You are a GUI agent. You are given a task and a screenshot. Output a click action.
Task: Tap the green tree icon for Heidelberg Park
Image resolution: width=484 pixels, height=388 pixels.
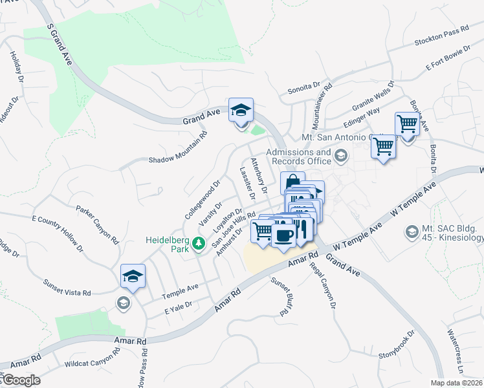point(199,243)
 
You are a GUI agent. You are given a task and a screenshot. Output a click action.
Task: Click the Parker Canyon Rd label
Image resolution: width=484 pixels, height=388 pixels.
point(98,224)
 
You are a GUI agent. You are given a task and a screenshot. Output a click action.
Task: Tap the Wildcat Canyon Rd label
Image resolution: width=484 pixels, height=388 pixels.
point(93,360)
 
